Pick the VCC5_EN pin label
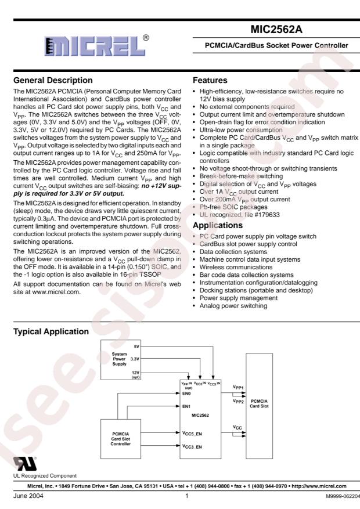(x=193, y=434)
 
